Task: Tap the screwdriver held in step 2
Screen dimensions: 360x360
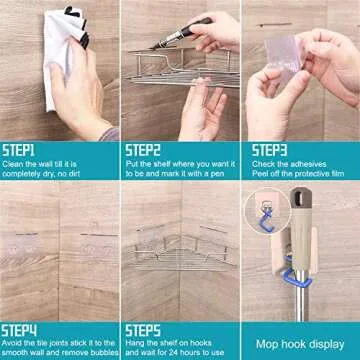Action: coord(185,35)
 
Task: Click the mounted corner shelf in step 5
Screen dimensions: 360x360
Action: coord(180,250)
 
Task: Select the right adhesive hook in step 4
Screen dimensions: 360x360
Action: coord(94,245)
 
